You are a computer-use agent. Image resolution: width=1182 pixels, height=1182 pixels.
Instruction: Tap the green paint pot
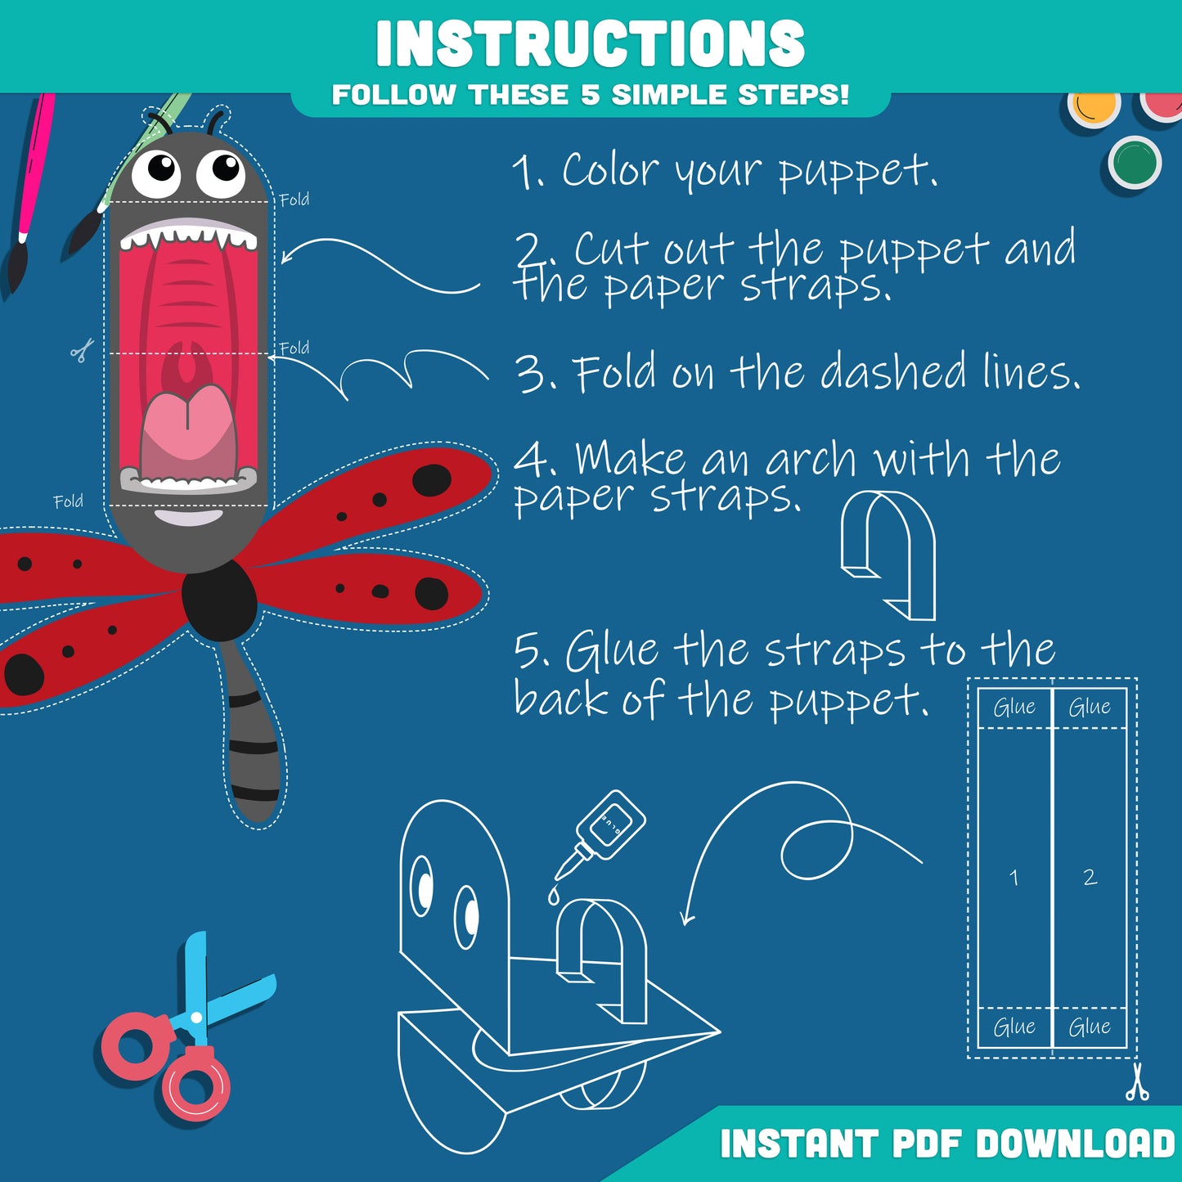pos(1135,161)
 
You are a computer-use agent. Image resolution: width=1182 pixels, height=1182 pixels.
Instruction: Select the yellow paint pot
pos(1094,109)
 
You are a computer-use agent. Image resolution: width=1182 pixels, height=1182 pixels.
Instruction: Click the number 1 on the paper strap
pos(1014,878)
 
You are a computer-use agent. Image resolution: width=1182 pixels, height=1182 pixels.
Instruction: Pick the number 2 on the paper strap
pos(1090,878)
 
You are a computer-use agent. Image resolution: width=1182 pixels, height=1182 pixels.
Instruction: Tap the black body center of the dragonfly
pos(219,601)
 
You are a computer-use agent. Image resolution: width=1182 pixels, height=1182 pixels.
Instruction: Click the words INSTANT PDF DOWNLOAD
pos(947,1144)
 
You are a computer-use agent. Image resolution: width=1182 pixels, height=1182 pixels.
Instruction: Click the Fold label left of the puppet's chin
pos(68,501)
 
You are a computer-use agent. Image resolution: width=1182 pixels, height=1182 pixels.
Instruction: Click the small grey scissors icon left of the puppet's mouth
pos(82,352)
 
